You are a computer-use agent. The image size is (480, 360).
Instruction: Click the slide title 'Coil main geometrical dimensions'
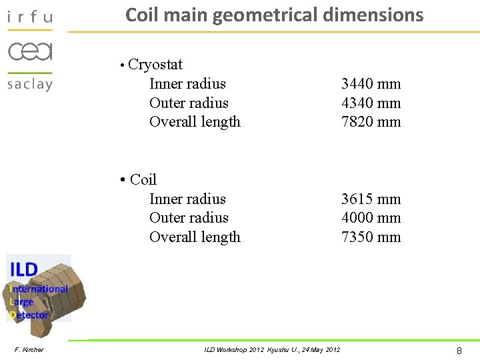[274, 15]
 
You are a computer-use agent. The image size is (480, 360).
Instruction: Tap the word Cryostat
[155, 65]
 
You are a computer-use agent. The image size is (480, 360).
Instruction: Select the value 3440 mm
[371, 84]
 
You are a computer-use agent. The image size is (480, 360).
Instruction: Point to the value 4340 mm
[371, 103]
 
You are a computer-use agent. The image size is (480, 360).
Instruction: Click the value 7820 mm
[371, 122]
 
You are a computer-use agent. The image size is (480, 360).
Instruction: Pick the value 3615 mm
[371, 199]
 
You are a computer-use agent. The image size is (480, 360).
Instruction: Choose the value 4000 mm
[371, 218]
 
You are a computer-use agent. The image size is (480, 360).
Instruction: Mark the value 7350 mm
[371, 237]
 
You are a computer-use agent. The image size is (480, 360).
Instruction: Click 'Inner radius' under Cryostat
[187, 84]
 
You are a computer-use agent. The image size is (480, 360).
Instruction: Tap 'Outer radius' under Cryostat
[189, 103]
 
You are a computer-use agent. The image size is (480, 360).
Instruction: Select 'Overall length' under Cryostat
[195, 122]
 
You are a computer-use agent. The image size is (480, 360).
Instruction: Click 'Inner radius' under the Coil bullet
[187, 199]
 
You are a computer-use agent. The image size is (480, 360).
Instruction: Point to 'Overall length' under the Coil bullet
[195, 237]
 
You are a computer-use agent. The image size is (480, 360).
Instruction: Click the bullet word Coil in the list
[143, 180]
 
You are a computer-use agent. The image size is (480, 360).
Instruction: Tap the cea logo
[29, 51]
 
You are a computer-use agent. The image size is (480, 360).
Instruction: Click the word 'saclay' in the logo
[29, 84]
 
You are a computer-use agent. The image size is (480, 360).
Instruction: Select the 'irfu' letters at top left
[29, 17]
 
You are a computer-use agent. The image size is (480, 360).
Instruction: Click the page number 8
[459, 350]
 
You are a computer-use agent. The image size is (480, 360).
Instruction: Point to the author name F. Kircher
[29, 350]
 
